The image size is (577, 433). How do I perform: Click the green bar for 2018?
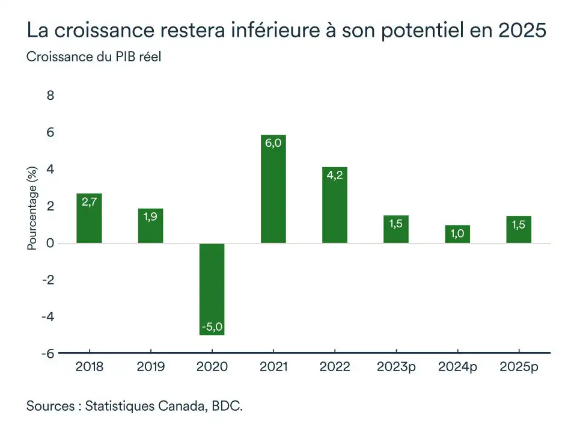pos(89,218)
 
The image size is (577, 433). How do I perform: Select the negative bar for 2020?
pos(212,289)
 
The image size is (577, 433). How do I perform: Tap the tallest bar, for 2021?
pos(273,189)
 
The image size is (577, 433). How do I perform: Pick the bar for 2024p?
pos(457,234)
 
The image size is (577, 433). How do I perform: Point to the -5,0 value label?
pos(212,327)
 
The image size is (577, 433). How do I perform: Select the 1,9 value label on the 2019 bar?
pos(150,216)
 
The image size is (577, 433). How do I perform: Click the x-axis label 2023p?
pos(396,366)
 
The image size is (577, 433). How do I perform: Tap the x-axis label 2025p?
pos(519,366)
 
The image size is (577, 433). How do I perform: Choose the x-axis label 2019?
pos(150,366)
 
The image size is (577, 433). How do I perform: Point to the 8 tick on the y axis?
pos(50,96)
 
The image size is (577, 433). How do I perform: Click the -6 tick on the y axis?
pos(47,354)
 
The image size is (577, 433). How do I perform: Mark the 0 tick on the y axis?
pos(50,243)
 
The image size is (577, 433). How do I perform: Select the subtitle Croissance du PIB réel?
pos(94,57)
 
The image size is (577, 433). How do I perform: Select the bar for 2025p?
pos(519,229)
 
